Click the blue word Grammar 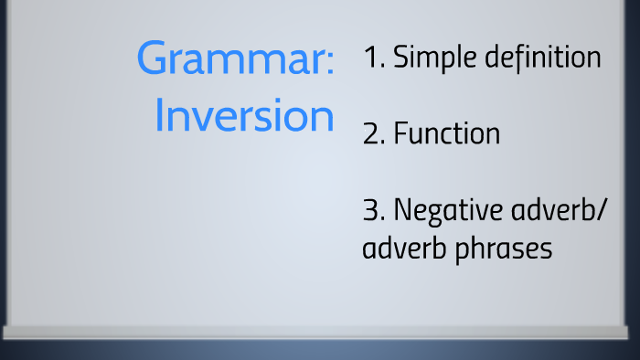point(229,60)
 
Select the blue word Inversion point(243,117)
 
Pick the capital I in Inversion point(160,117)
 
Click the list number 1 point(370,58)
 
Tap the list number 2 point(371,135)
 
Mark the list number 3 point(371,211)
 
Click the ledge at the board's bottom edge point(320,333)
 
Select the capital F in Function point(400,135)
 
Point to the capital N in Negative point(402,211)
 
